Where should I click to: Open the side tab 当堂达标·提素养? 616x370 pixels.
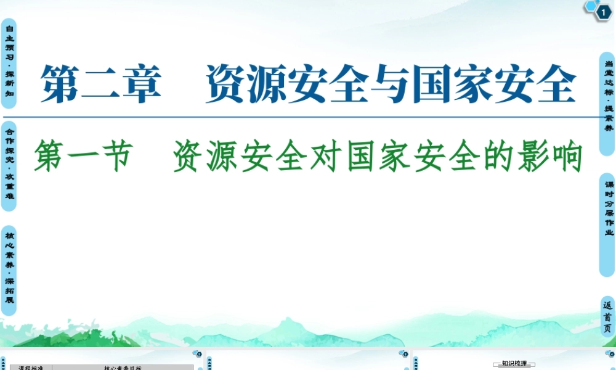(x=608, y=96)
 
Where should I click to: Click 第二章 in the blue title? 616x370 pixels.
(x=100, y=84)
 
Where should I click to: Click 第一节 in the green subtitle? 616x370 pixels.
(x=83, y=155)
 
